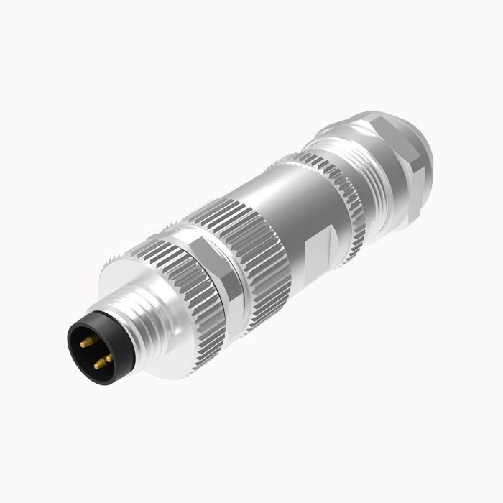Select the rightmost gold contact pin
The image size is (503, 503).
pyautogui.click(x=109, y=357)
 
